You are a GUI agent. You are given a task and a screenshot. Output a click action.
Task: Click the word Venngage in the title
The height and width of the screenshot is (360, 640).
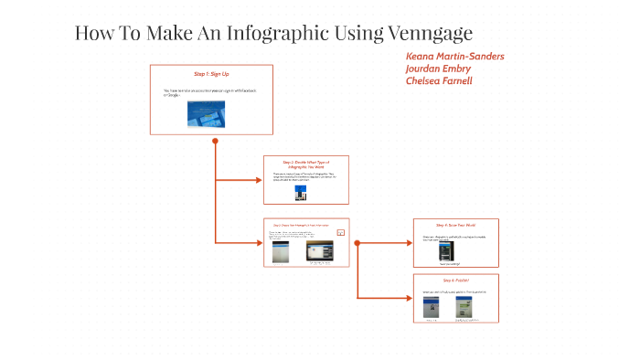coord(427,34)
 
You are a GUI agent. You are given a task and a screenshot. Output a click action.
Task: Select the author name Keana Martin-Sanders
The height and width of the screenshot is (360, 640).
coord(454,57)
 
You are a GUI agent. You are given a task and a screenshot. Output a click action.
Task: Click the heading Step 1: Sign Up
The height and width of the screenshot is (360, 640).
coord(211,73)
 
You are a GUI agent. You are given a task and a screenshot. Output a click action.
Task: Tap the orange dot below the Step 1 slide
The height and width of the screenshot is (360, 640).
coord(215,141)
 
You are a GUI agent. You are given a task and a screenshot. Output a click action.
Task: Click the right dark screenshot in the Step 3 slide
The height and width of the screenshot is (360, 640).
coord(322,251)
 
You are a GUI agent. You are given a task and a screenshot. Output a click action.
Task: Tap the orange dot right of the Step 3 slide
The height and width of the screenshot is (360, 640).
coord(357,242)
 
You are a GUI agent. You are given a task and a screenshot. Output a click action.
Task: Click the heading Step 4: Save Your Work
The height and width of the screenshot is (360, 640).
coord(455,225)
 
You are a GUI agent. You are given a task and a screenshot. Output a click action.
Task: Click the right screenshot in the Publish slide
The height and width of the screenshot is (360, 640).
coord(467,307)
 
